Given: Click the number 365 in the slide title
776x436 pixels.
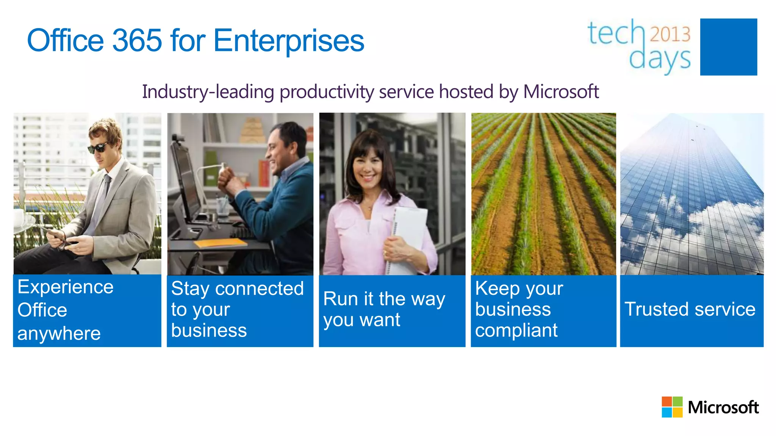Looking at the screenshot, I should (x=137, y=40).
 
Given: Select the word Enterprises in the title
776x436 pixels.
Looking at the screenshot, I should (x=288, y=40).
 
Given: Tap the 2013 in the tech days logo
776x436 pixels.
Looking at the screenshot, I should (x=670, y=34).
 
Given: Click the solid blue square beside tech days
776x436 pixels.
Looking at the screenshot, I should (x=728, y=47).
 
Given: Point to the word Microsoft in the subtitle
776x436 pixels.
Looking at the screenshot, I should (x=561, y=92).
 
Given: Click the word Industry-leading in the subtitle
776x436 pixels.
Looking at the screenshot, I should (x=208, y=92).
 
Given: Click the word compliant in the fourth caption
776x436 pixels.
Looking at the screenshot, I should (x=516, y=330).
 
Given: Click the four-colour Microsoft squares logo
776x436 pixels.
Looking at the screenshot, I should (x=672, y=407).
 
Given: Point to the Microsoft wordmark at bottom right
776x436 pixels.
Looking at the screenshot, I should (x=723, y=408).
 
